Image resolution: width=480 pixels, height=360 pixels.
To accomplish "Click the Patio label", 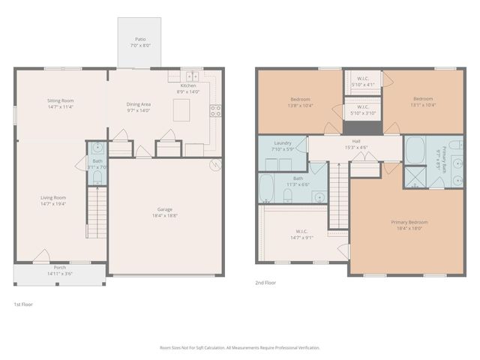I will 140,38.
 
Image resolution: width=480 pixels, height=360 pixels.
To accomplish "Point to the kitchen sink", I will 191,76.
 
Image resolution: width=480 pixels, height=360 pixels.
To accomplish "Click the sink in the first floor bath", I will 97,148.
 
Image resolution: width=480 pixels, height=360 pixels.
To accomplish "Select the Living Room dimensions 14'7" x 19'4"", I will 54,203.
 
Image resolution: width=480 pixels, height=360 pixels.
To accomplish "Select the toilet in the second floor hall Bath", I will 288,196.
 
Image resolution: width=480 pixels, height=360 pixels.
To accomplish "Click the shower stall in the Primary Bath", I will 415,177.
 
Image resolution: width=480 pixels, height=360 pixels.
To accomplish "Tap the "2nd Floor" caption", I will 266,283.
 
